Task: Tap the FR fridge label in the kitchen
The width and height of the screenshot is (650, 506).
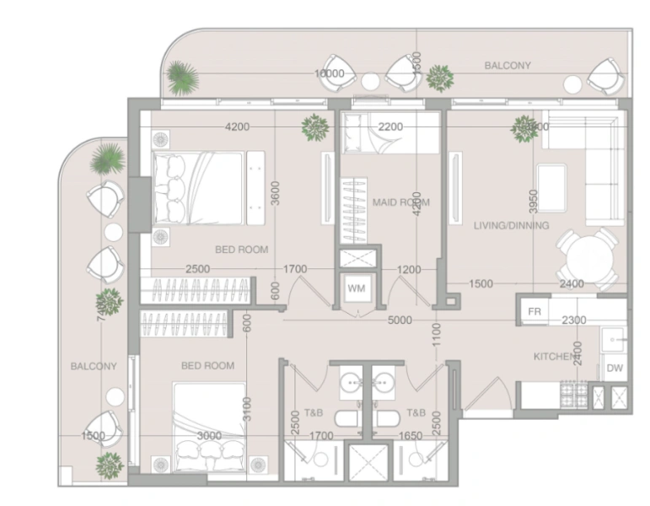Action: [x=534, y=311]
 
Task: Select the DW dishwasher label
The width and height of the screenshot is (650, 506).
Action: [x=614, y=368]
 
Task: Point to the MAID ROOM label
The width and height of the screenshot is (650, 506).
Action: [x=400, y=202]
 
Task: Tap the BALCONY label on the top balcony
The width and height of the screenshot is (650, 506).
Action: [x=508, y=65]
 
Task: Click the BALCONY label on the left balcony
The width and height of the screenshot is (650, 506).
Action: [x=94, y=366]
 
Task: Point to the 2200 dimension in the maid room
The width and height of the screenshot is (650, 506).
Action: [x=390, y=127]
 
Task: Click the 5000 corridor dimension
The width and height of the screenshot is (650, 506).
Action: [x=400, y=320]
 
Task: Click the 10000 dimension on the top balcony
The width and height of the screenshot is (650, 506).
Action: [x=330, y=74]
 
